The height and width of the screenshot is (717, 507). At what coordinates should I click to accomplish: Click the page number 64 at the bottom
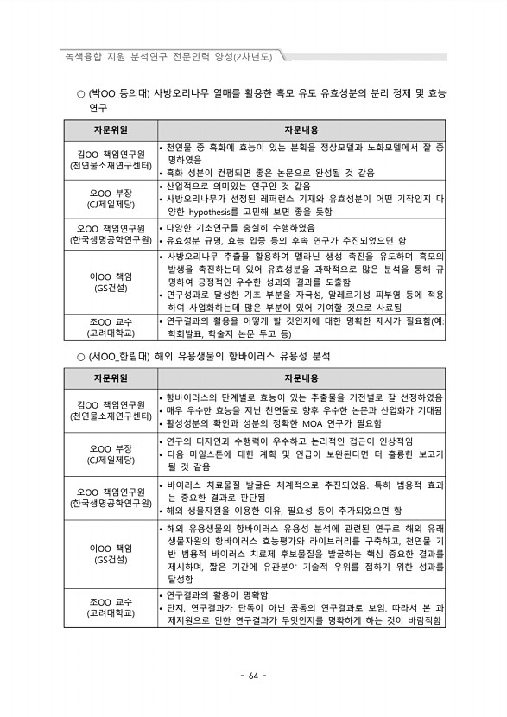point(253,675)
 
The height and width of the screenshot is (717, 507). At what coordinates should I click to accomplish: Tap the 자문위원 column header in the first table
point(111,130)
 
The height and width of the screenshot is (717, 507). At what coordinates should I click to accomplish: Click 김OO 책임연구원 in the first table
point(111,154)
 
